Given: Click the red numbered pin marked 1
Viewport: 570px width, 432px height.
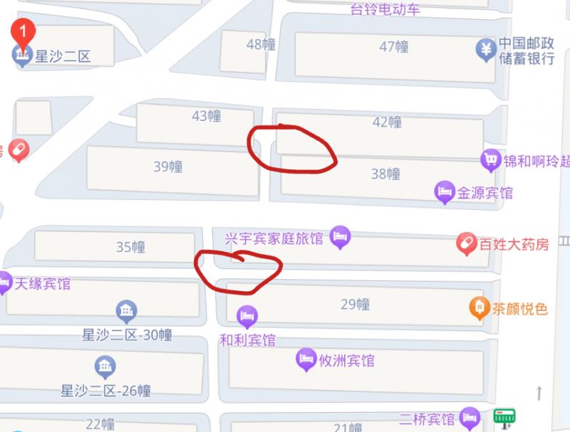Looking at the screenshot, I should coord(23,33).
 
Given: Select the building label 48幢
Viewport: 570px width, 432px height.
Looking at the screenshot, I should coord(261,45).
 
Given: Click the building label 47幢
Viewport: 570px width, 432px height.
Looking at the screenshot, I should coord(394,47).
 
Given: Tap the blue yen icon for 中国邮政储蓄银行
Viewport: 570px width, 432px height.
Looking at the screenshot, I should coord(485,49).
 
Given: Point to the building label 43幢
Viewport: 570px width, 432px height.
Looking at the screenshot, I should coord(207,116).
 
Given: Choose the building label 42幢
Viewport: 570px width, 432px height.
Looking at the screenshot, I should coord(387,122).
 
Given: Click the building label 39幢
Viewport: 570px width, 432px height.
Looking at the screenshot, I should coord(168,167).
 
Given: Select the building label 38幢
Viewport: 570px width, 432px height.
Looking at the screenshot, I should coord(385,174).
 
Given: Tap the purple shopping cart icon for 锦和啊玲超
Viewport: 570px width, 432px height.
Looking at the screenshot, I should coord(490,160).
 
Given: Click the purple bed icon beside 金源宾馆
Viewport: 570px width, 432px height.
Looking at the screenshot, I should coord(445,191).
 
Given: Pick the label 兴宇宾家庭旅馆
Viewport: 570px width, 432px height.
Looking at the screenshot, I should coord(274,238).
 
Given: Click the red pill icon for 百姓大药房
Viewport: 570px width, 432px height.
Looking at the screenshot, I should coord(467,244).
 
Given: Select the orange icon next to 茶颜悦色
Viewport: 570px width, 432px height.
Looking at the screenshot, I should coord(479,307).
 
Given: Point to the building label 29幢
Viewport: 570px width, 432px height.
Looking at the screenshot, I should coord(355,305).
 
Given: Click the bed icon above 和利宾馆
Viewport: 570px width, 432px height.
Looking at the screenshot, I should coord(247,315).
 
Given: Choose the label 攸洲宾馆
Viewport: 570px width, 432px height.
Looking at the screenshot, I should coord(346,361).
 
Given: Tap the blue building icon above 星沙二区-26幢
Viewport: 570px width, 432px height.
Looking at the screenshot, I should coord(105,367).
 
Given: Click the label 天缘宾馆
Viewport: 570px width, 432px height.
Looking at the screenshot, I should coord(43,284).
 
